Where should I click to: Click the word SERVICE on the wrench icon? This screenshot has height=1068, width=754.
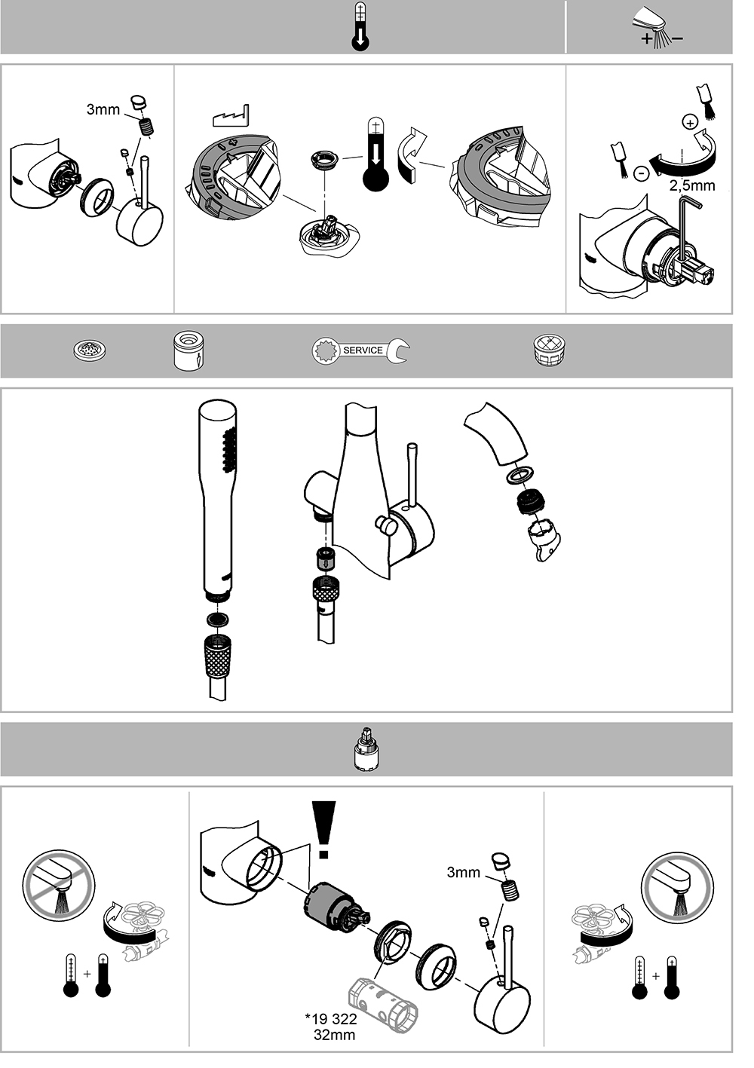[x=363, y=350]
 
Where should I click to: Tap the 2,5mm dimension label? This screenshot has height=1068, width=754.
[x=692, y=185]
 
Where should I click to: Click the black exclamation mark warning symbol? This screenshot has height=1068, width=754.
[x=323, y=830]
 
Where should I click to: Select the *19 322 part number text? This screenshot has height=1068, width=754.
[x=331, y=1019]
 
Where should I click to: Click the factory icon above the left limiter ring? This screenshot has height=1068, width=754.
[x=231, y=115]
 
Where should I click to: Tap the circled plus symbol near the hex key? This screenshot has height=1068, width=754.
[x=689, y=123]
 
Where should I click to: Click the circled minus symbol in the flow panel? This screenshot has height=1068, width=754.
[x=642, y=173]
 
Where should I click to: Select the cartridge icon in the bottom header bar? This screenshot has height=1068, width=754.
[x=366, y=749]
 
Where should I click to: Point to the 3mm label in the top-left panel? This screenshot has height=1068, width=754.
[x=103, y=109]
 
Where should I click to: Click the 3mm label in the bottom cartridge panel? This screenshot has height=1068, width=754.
[x=463, y=873]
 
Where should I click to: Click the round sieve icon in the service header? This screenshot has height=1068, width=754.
[x=89, y=350]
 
